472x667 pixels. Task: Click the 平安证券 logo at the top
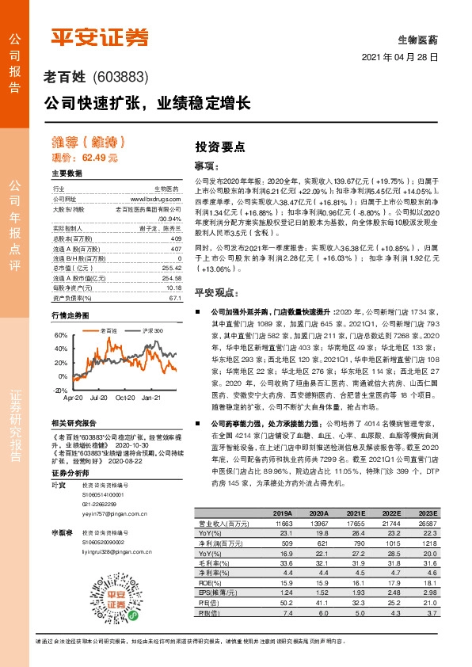tap(100, 36)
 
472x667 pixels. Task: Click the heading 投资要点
tap(219, 147)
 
